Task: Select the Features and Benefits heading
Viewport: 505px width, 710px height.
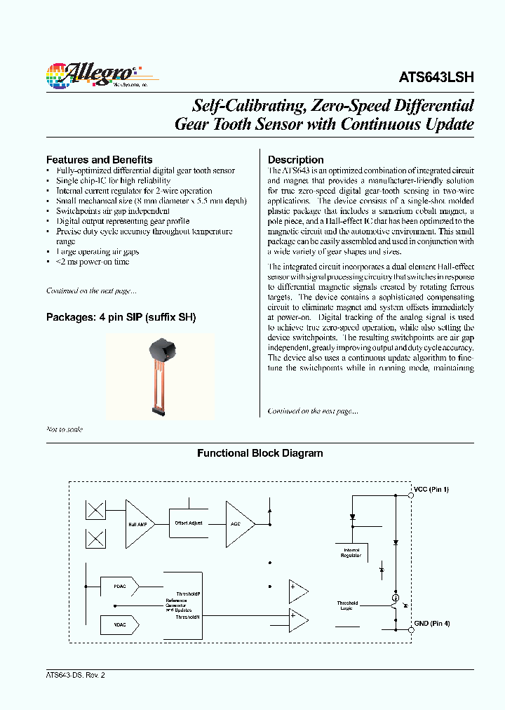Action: (x=99, y=159)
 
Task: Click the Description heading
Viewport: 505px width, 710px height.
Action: (x=295, y=159)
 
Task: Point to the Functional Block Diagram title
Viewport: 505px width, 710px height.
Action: (x=260, y=453)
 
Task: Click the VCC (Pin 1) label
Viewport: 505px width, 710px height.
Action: (x=431, y=489)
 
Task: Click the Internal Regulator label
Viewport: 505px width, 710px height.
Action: (x=351, y=553)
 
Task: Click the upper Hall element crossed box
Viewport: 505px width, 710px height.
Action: (x=95, y=510)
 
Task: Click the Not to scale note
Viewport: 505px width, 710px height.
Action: (x=65, y=429)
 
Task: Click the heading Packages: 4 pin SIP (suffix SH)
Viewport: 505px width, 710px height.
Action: (x=121, y=317)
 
